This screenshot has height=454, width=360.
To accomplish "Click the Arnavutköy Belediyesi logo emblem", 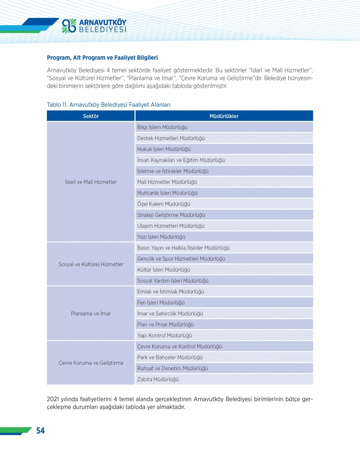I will coord(69,26).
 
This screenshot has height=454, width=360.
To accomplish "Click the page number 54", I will coord(40,431).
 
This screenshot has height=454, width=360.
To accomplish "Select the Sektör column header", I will coord(91,116).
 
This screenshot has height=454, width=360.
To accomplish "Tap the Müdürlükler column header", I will coord(224,116).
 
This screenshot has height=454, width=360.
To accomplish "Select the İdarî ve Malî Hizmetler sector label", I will coord(91,182).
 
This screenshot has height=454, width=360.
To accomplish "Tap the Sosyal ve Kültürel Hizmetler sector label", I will coord(91,264).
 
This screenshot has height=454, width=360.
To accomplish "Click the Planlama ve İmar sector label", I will coord(91,314).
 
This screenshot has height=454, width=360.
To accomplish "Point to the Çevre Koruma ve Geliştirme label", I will coord(91,363).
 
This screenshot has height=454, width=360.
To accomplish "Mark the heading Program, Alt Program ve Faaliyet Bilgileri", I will coord(102,58).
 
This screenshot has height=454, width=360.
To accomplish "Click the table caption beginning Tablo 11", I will coord(108,105).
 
